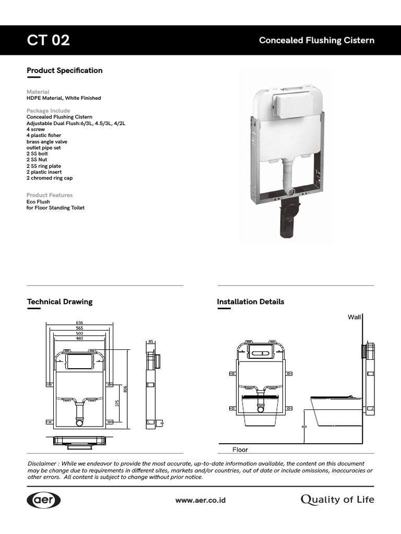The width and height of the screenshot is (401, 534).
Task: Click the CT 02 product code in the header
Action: (x=48, y=40)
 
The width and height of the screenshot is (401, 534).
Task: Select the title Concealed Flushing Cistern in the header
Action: (x=316, y=41)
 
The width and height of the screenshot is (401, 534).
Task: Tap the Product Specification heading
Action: (x=64, y=70)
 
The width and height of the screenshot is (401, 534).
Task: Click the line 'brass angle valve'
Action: (x=47, y=142)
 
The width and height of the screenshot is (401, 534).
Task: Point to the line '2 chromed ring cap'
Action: (x=50, y=178)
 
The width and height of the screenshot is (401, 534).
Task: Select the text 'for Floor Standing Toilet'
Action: (x=55, y=208)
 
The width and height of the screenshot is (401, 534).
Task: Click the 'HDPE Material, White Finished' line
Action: (x=64, y=98)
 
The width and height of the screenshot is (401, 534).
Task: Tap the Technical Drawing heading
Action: (x=60, y=301)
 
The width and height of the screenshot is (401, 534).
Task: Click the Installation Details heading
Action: (x=250, y=301)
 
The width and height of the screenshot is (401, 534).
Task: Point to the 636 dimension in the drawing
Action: (x=79, y=323)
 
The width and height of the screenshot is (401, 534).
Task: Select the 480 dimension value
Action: (x=79, y=338)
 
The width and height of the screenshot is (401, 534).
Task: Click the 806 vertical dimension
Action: (x=125, y=390)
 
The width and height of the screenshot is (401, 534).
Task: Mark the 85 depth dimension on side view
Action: (x=151, y=342)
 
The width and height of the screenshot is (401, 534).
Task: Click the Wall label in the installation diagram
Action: (x=354, y=317)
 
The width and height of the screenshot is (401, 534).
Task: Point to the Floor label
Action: (x=240, y=450)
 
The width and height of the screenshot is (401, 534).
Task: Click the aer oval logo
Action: (x=44, y=500)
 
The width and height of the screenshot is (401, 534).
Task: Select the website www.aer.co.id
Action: (x=200, y=500)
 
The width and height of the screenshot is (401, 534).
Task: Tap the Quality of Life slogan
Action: (x=337, y=500)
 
